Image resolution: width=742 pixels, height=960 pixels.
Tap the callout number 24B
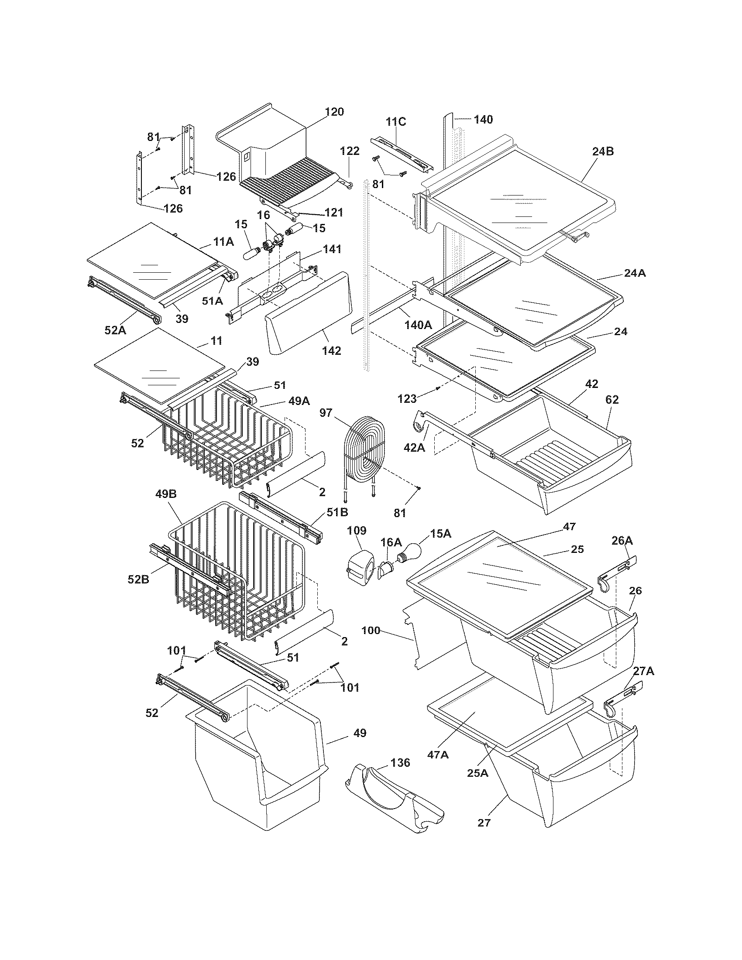(x=603, y=152)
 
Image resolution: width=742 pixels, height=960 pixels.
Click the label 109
(x=356, y=530)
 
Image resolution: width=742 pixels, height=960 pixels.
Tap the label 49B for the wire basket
(x=166, y=494)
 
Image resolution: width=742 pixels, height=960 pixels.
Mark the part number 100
(x=371, y=631)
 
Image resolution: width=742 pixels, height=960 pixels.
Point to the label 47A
(x=438, y=754)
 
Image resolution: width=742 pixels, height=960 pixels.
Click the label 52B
(x=138, y=580)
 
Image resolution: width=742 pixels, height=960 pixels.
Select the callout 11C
(x=395, y=122)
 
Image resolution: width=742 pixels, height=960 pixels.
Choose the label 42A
(x=414, y=447)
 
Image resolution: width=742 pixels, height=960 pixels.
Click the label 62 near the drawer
(x=612, y=400)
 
